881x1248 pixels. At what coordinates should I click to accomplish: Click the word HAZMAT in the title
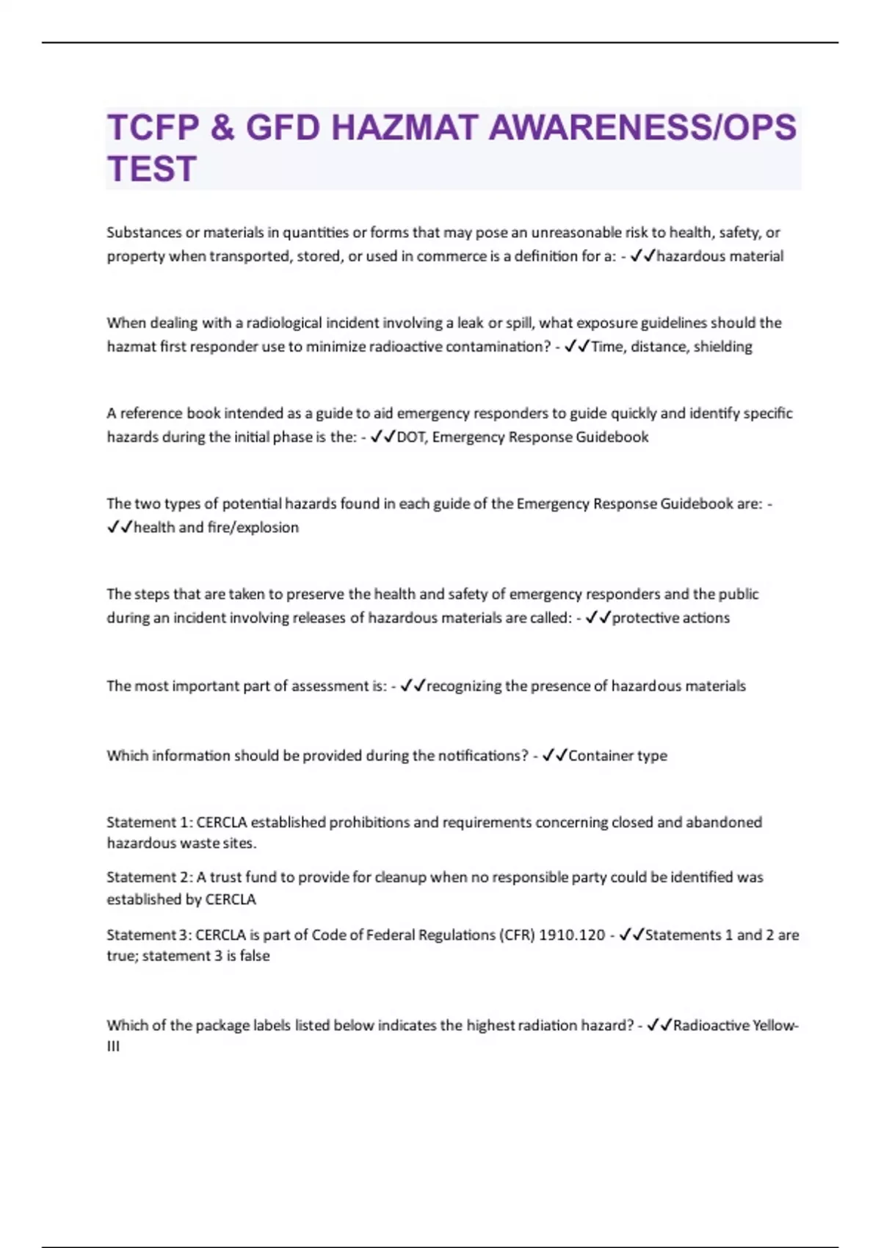(x=405, y=128)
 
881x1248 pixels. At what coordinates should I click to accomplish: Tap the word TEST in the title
(x=152, y=169)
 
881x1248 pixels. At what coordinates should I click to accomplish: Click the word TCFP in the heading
(x=153, y=128)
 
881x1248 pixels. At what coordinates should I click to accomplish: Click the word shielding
(x=722, y=347)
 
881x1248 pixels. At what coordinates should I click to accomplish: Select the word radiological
(x=284, y=323)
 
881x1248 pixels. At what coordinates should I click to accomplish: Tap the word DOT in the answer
(x=410, y=437)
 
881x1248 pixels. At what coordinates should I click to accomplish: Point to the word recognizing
(x=464, y=686)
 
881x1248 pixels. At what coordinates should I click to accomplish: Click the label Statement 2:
(x=149, y=877)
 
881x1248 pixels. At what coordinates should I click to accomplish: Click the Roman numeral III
(x=113, y=1046)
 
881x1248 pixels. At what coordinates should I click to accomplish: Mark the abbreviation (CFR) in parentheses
(x=518, y=935)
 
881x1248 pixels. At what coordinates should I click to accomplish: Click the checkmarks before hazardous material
(x=642, y=256)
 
